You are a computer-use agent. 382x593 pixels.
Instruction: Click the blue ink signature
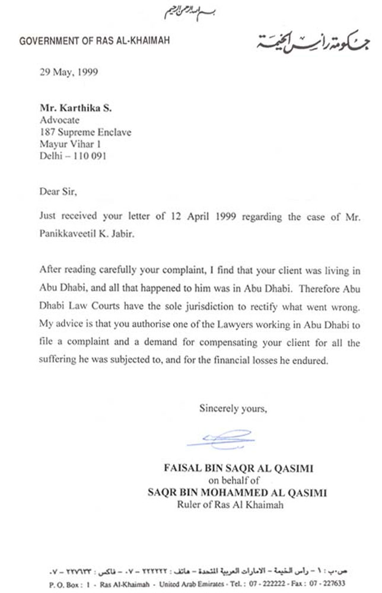pos(219,439)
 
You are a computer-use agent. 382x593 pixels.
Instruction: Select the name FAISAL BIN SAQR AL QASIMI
pos(238,468)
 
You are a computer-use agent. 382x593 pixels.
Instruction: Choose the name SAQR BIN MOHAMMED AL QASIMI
pos(238,492)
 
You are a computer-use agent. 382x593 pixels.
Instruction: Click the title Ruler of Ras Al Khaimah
pos(231,505)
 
